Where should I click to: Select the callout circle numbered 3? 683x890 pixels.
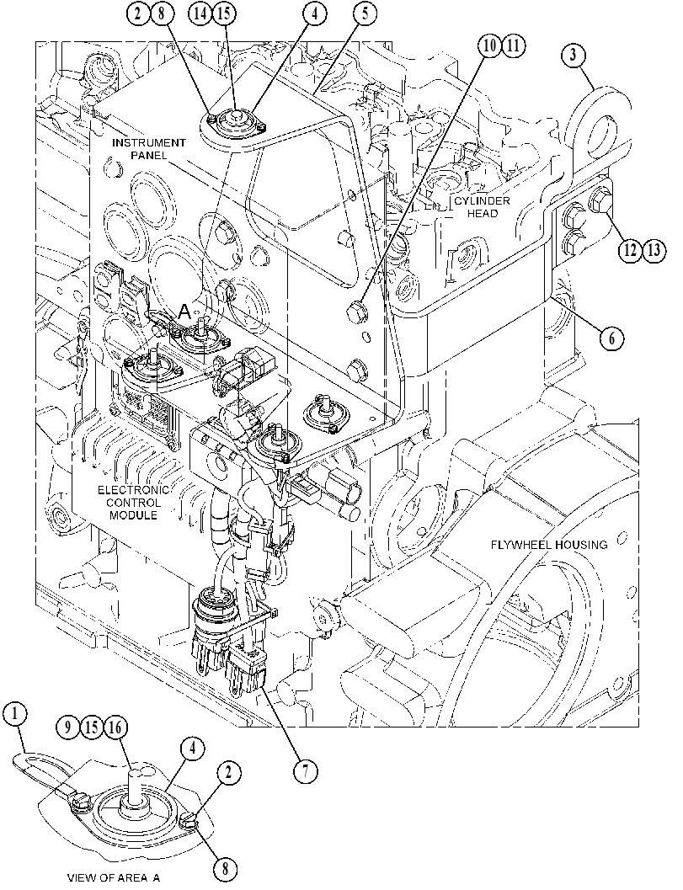[574, 55]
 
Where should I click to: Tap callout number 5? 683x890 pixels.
[365, 13]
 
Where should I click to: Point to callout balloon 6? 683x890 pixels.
[611, 338]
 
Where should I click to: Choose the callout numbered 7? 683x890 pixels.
[306, 771]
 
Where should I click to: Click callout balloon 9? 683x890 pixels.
[68, 727]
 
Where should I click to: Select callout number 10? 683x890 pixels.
[489, 46]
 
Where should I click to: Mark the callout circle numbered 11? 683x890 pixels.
[513, 46]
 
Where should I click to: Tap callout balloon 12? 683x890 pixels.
[630, 250]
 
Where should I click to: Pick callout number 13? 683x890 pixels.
[654, 250]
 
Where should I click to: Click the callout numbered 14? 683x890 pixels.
[201, 13]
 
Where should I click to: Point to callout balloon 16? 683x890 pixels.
[116, 727]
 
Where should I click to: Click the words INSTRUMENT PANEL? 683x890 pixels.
[148, 148]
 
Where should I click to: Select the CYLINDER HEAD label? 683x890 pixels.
[482, 206]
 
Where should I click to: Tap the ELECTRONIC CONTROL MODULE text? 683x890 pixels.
[133, 503]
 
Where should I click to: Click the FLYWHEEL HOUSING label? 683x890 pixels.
[549, 545]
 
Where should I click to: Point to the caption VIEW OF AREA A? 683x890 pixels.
[114, 877]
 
